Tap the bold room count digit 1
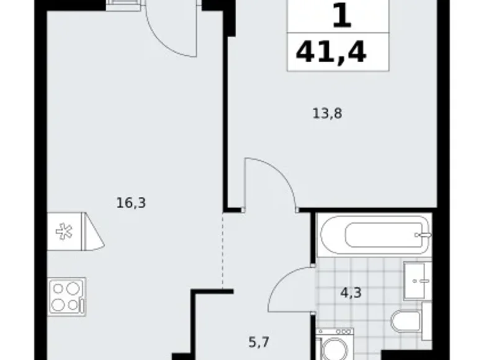[x=341, y=16]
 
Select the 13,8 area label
[x=328, y=113]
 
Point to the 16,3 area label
[x=130, y=202]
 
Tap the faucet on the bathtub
[x=424, y=236]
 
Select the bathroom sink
[x=417, y=281]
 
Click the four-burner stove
[x=66, y=297]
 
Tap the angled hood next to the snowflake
[x=93, y=231]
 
